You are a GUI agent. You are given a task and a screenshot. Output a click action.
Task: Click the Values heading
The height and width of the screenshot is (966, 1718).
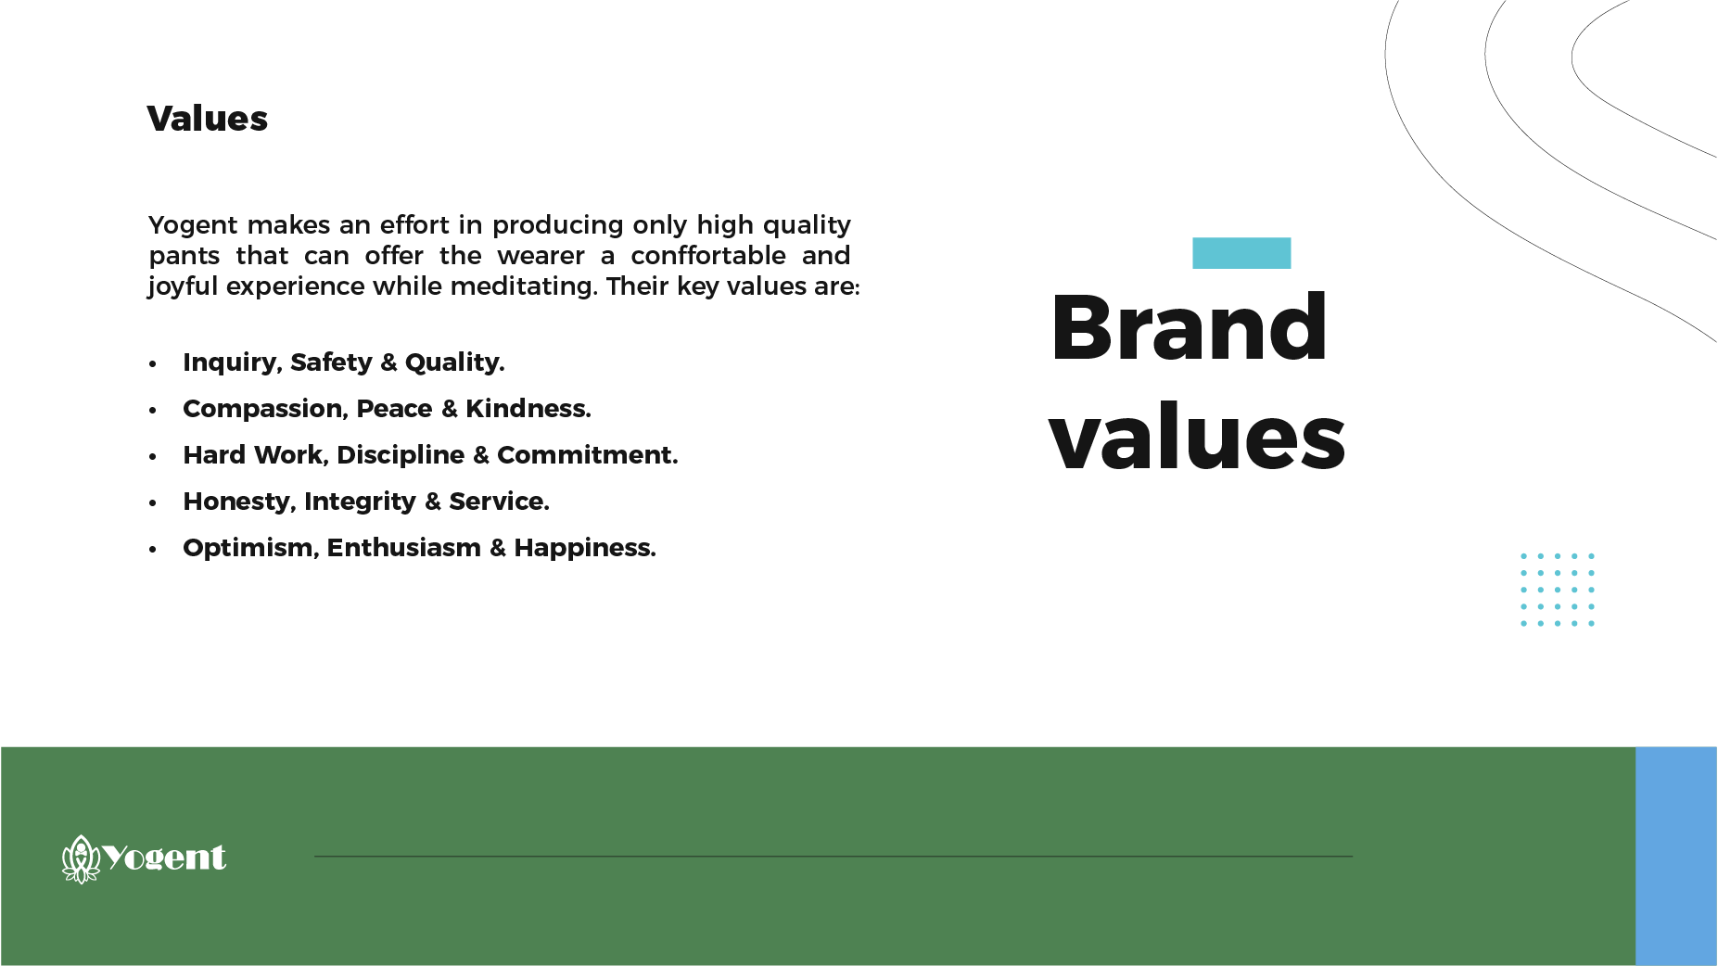(x=207, y=119)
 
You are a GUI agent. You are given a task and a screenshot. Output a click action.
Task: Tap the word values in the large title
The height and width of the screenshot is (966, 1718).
(x=1197, y=437)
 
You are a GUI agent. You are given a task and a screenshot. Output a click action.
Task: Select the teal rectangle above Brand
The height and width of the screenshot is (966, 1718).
(x=1241, y=253)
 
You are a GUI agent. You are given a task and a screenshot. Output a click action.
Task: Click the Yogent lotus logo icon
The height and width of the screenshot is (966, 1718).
(x=81, y=858)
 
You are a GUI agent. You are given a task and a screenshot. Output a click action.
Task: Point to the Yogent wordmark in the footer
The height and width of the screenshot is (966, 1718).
(x=164, y=858)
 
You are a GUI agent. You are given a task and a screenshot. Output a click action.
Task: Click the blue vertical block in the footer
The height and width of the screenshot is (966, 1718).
(x=1676, y=856)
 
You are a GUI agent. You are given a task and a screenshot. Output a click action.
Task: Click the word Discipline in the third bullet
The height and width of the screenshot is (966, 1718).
(x=401, y=455)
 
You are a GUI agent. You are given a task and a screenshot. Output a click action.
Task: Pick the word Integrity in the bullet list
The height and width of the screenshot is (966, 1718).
(x=360, y=502)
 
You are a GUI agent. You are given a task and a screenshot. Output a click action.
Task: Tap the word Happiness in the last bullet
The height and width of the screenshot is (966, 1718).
(x=585, y=548)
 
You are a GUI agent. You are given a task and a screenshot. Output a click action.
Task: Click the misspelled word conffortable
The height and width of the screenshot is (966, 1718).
(x=708, y=256)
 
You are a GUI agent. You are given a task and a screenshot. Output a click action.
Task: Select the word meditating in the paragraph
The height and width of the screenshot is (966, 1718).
(x=524, y=286)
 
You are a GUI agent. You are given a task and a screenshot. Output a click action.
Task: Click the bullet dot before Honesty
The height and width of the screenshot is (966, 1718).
(x=153, y=503)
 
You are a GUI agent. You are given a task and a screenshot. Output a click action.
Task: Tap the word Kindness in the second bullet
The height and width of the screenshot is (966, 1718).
(x=528, y=409)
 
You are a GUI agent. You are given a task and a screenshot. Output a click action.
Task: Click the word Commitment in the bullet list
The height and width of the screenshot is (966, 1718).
(x=588, y=455)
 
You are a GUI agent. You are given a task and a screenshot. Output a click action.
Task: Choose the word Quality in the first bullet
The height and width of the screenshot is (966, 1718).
(x=455, y=362)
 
